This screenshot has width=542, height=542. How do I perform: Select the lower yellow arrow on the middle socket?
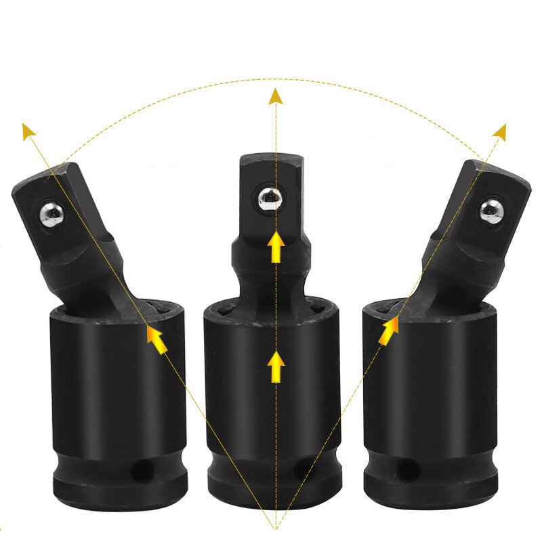(276, 366)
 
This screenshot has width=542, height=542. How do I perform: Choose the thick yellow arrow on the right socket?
(389, 331)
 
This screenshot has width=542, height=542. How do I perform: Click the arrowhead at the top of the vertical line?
(275, 96)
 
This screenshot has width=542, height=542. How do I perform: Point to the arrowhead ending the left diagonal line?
(28, 131)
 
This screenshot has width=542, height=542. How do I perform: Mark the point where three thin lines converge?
(275, 528)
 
